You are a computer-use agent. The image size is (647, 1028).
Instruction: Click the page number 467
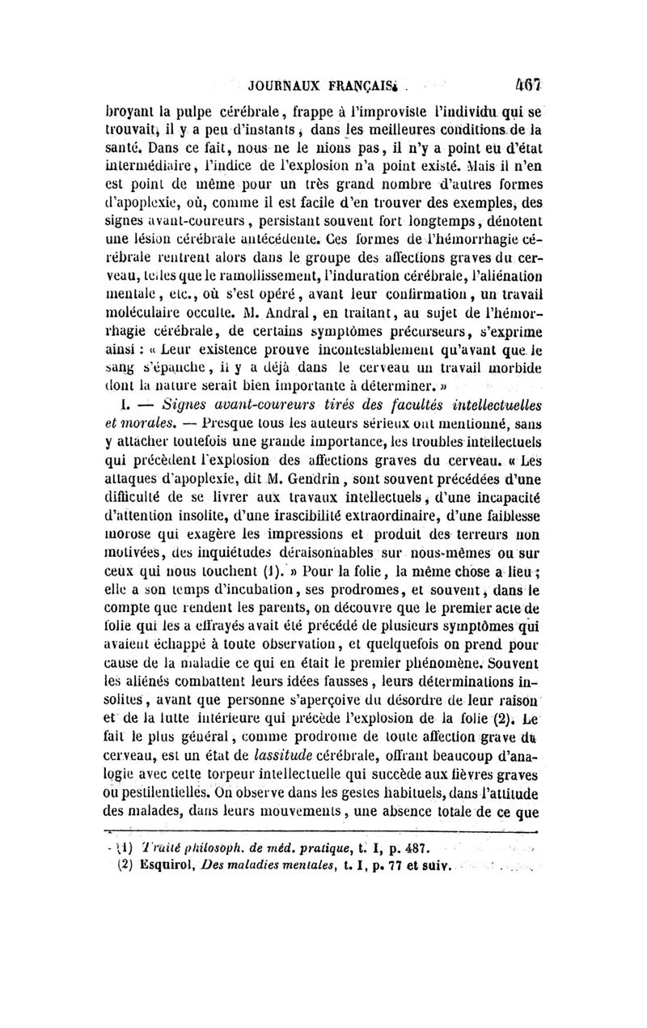(x=530, y=83)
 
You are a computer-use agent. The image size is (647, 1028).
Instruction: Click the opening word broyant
(x=132, y=112)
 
